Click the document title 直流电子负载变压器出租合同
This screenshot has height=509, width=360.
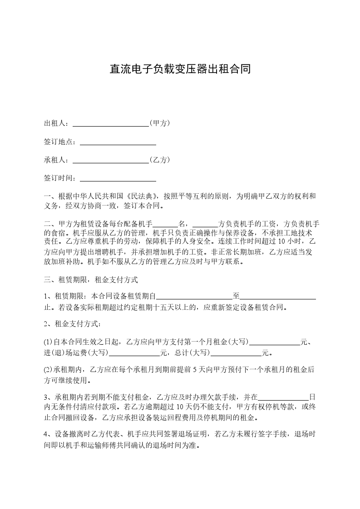coord(180,69)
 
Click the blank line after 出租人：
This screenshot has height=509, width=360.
coord(111,123)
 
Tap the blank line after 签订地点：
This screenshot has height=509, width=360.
coord(118,142)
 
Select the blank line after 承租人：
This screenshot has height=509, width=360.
coord(111,160)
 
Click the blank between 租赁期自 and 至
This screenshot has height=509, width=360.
coord(194,297)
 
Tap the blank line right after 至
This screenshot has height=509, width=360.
coord(278,297)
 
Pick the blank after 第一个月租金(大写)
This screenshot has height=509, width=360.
coord(275,343)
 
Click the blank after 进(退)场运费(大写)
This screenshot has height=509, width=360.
coord(135,352)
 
